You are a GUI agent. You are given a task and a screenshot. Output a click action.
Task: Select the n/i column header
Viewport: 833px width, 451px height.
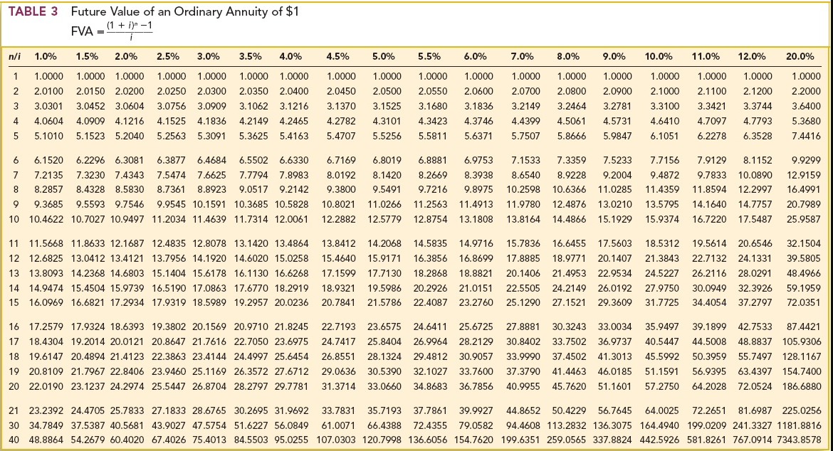coord(14,55)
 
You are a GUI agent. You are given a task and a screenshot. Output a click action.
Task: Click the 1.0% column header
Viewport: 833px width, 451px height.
coord(46,55)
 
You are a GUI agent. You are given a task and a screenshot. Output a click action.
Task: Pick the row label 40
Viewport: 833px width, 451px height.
coord(14,439)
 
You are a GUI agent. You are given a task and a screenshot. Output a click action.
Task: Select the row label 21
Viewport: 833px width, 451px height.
coord(14,410)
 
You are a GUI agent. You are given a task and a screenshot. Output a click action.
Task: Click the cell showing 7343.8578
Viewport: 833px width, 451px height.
coord(800,439)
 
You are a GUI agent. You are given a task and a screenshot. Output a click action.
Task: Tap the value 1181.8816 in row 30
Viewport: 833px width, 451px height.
coord(800,425)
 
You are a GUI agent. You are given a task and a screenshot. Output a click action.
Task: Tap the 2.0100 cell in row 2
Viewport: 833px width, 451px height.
coord(48,91)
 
